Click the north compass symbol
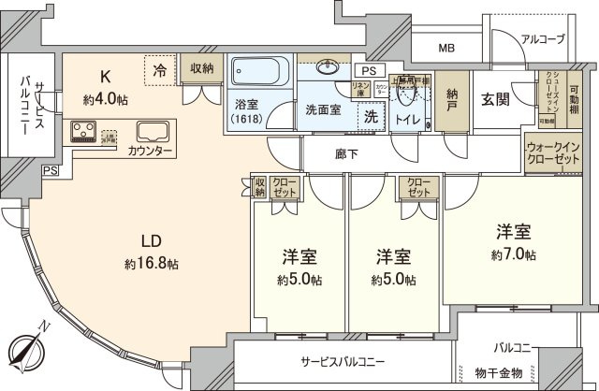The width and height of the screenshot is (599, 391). click(32, 353)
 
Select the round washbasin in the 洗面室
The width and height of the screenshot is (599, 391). click(328, 68)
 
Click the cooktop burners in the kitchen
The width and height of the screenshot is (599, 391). click(81, 132)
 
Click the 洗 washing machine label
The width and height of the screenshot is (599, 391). click(371, 118)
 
